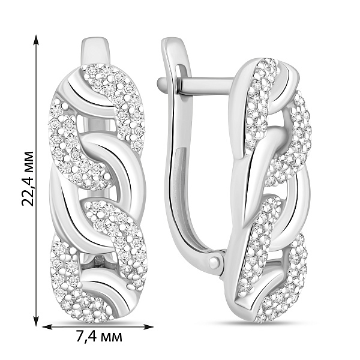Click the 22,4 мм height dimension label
click(28, 179)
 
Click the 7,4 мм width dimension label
click(99, 337)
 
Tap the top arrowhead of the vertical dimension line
click(35, 40)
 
